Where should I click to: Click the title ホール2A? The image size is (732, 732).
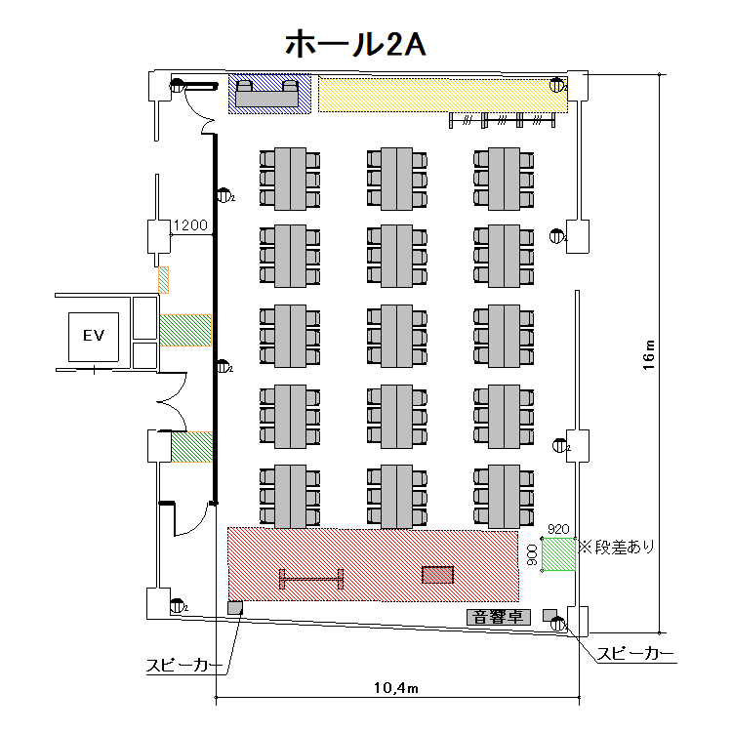[353, 44]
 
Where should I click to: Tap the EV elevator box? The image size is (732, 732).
[93, 337]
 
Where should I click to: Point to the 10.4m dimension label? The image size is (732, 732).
[395, 689]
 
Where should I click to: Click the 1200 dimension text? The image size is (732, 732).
[190, 226]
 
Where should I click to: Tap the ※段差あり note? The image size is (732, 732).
[618, 548]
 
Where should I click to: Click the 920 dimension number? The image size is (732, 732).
[557, 529]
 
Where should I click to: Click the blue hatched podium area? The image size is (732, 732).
[270, 94]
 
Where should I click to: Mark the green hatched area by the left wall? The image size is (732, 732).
[191, 448]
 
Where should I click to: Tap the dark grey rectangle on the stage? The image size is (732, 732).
[437, 575]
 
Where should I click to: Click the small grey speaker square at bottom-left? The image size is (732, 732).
[234, 608]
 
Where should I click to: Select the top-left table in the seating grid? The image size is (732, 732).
[290, 177]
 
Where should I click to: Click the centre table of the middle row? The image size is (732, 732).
[396, 336]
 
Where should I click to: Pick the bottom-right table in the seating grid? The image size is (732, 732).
[504, 496]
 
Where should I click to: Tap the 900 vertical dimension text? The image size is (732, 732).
[532, 555]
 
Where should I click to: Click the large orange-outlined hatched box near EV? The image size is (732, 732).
[185, 330]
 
